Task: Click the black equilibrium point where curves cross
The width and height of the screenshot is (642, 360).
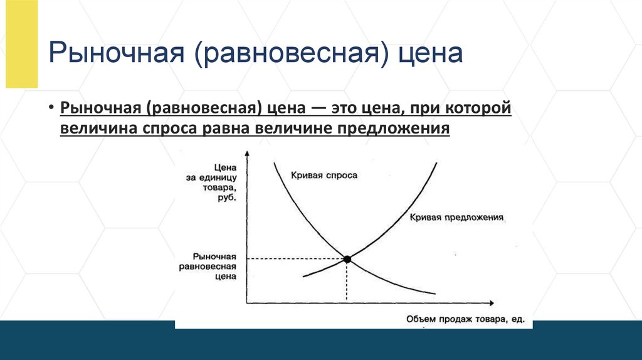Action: pos(347,258)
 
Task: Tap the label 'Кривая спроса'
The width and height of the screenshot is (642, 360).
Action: pos(324,175)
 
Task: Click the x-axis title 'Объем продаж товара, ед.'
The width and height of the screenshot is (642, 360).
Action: pos(465,319)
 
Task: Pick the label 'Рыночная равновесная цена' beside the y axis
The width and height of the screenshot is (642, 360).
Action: pos(214,267)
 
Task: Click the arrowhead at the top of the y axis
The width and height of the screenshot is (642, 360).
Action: pos(248,154)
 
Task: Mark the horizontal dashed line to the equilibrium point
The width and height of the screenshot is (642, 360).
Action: pos(295,258)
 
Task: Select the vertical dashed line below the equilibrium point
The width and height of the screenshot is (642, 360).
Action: pos(347,282)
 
